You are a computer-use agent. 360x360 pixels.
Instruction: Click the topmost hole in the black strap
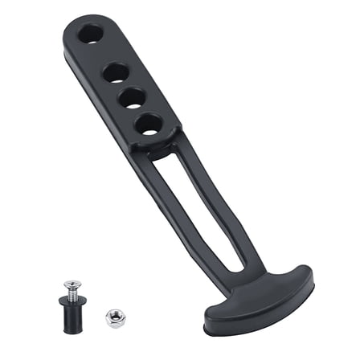point(91,34)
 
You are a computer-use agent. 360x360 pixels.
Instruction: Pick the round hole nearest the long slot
point(147,125)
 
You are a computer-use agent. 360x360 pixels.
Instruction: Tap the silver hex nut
point(113,318)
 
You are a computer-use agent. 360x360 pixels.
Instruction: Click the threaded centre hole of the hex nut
point(113,318)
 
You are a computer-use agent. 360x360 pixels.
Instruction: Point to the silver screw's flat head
point(72,284)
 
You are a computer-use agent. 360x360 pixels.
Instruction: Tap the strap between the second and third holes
point(121,84)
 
